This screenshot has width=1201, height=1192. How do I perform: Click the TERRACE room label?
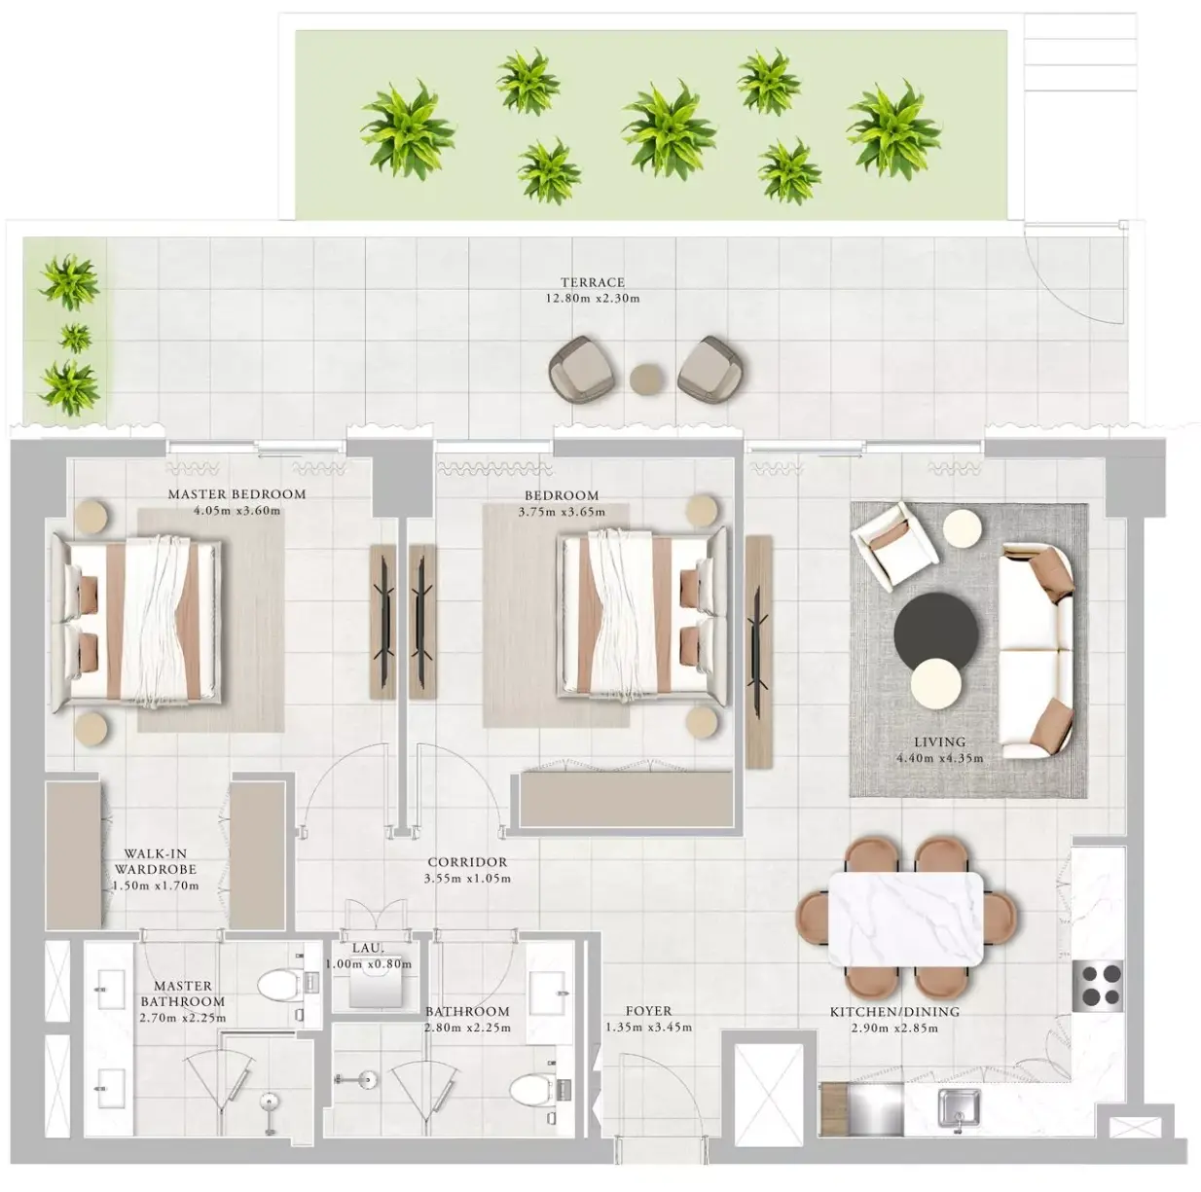tap(592, 282)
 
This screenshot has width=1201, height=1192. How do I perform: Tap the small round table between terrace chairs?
tap(647, 379)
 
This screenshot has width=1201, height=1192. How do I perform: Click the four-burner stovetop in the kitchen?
tap(1098, 986)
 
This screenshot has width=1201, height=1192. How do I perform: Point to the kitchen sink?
tap(959, 1107)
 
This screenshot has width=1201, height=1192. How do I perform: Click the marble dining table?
tap(905, 919)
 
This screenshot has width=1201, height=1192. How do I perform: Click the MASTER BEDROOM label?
tap(237, 494)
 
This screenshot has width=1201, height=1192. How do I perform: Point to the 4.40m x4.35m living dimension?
tap(940, 759)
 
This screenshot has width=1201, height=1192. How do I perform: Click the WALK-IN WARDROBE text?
tap(156, 861)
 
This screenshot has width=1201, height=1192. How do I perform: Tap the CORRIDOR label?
tap(467, 862)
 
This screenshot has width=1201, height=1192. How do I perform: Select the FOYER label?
tap(649, 1011)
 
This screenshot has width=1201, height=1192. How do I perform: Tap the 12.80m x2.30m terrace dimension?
tap(593, 298)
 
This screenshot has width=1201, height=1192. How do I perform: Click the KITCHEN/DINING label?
tap(894, 1012)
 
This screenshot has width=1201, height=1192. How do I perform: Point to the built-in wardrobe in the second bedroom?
tap(626, 800)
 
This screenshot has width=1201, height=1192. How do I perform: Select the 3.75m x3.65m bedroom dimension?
tap(562, 512)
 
